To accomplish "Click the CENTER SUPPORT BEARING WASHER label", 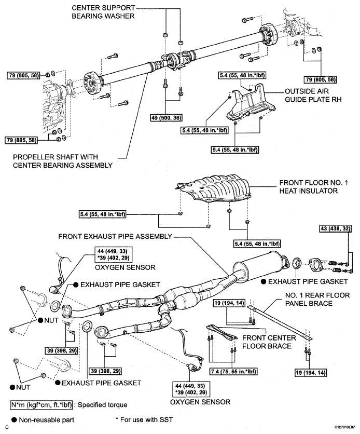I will (104, 12).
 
